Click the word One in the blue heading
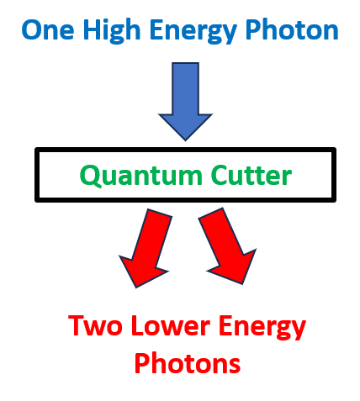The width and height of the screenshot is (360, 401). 48,30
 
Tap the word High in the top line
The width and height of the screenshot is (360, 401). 112,31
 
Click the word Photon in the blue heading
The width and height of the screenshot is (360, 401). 292,29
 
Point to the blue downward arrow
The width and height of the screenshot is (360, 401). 185,102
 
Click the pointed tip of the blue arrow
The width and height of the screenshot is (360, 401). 185,140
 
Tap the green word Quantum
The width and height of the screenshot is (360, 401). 141,176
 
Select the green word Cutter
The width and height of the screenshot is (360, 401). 251,175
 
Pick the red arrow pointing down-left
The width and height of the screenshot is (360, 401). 146,248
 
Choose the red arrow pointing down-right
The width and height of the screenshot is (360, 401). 228,246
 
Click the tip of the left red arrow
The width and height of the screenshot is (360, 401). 136,288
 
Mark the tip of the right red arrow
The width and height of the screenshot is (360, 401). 242,284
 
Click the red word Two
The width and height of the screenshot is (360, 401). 95,325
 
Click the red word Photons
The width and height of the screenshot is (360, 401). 188,363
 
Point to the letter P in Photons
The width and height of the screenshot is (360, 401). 142,363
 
